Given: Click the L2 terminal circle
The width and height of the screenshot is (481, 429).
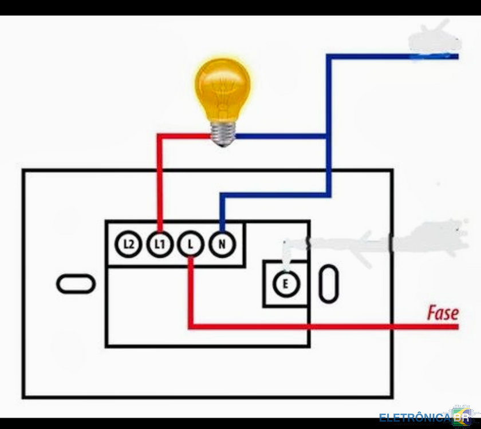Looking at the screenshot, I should pos(129,245).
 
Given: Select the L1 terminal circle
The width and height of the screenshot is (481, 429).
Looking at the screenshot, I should pos(159,245).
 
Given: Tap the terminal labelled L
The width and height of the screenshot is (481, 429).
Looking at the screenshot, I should pos(190,245).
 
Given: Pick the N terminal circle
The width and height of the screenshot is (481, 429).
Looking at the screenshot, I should pos(221,245).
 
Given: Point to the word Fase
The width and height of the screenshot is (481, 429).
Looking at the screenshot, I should pos(443,313).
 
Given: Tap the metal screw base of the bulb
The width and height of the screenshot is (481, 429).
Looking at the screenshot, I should pos(223,133).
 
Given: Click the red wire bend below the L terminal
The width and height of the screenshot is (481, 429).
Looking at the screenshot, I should pos(191,327).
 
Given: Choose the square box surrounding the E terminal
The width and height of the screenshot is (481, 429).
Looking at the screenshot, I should pos(285,283).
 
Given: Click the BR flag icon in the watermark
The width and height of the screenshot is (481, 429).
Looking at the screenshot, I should pos(462,416).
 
